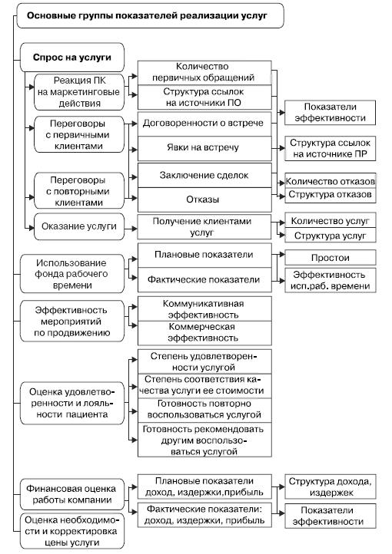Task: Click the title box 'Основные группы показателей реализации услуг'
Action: coord(150,16)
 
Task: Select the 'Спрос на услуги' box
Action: coord(72,58)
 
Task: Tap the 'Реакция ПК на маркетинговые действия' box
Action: coord(79,92)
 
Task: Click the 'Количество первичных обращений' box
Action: coord(204,72)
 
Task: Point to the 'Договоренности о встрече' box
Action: coord(204,124)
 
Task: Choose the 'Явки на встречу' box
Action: coord(204,148)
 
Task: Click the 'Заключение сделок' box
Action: coord(204,175)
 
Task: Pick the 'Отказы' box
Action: coord(204,200)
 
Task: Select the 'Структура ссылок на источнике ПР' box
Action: coord(330,149)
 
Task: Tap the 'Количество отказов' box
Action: coord(330,182)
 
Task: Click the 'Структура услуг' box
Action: coord(330,236)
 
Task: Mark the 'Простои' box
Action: coord(330,258)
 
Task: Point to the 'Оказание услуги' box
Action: coord(79,226)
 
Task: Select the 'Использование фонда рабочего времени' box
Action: coord(72,274)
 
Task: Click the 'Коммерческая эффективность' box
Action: coord(204,333)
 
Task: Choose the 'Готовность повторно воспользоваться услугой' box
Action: coord(204,410)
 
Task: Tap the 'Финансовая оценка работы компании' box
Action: coord(72,494)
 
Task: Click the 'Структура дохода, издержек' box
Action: coord(330,487)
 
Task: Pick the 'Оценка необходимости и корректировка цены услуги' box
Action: coord(72,531)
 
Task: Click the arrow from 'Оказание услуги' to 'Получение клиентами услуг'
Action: coord(131,229)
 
